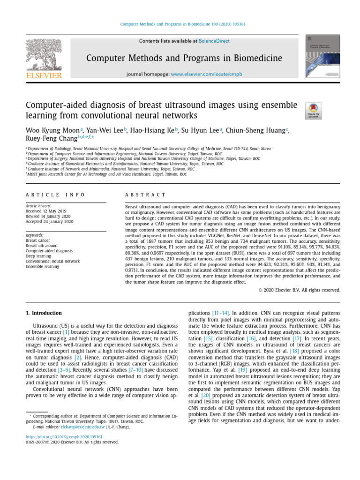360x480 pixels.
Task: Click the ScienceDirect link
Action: click(x=214, y=41)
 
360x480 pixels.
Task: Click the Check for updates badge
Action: click(x=313, y=111)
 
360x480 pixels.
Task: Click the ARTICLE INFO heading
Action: click(x=55, y=195)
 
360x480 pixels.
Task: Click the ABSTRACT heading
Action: click(x=146, y=195)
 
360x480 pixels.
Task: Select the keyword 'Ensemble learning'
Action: click(x=42, y=267)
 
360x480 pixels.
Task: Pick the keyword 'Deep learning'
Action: click(x=38, y=256)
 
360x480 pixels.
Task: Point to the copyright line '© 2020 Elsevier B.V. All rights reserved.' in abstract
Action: click(x=299, y=290)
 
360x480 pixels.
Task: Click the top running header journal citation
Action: click(x=180, y=24)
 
